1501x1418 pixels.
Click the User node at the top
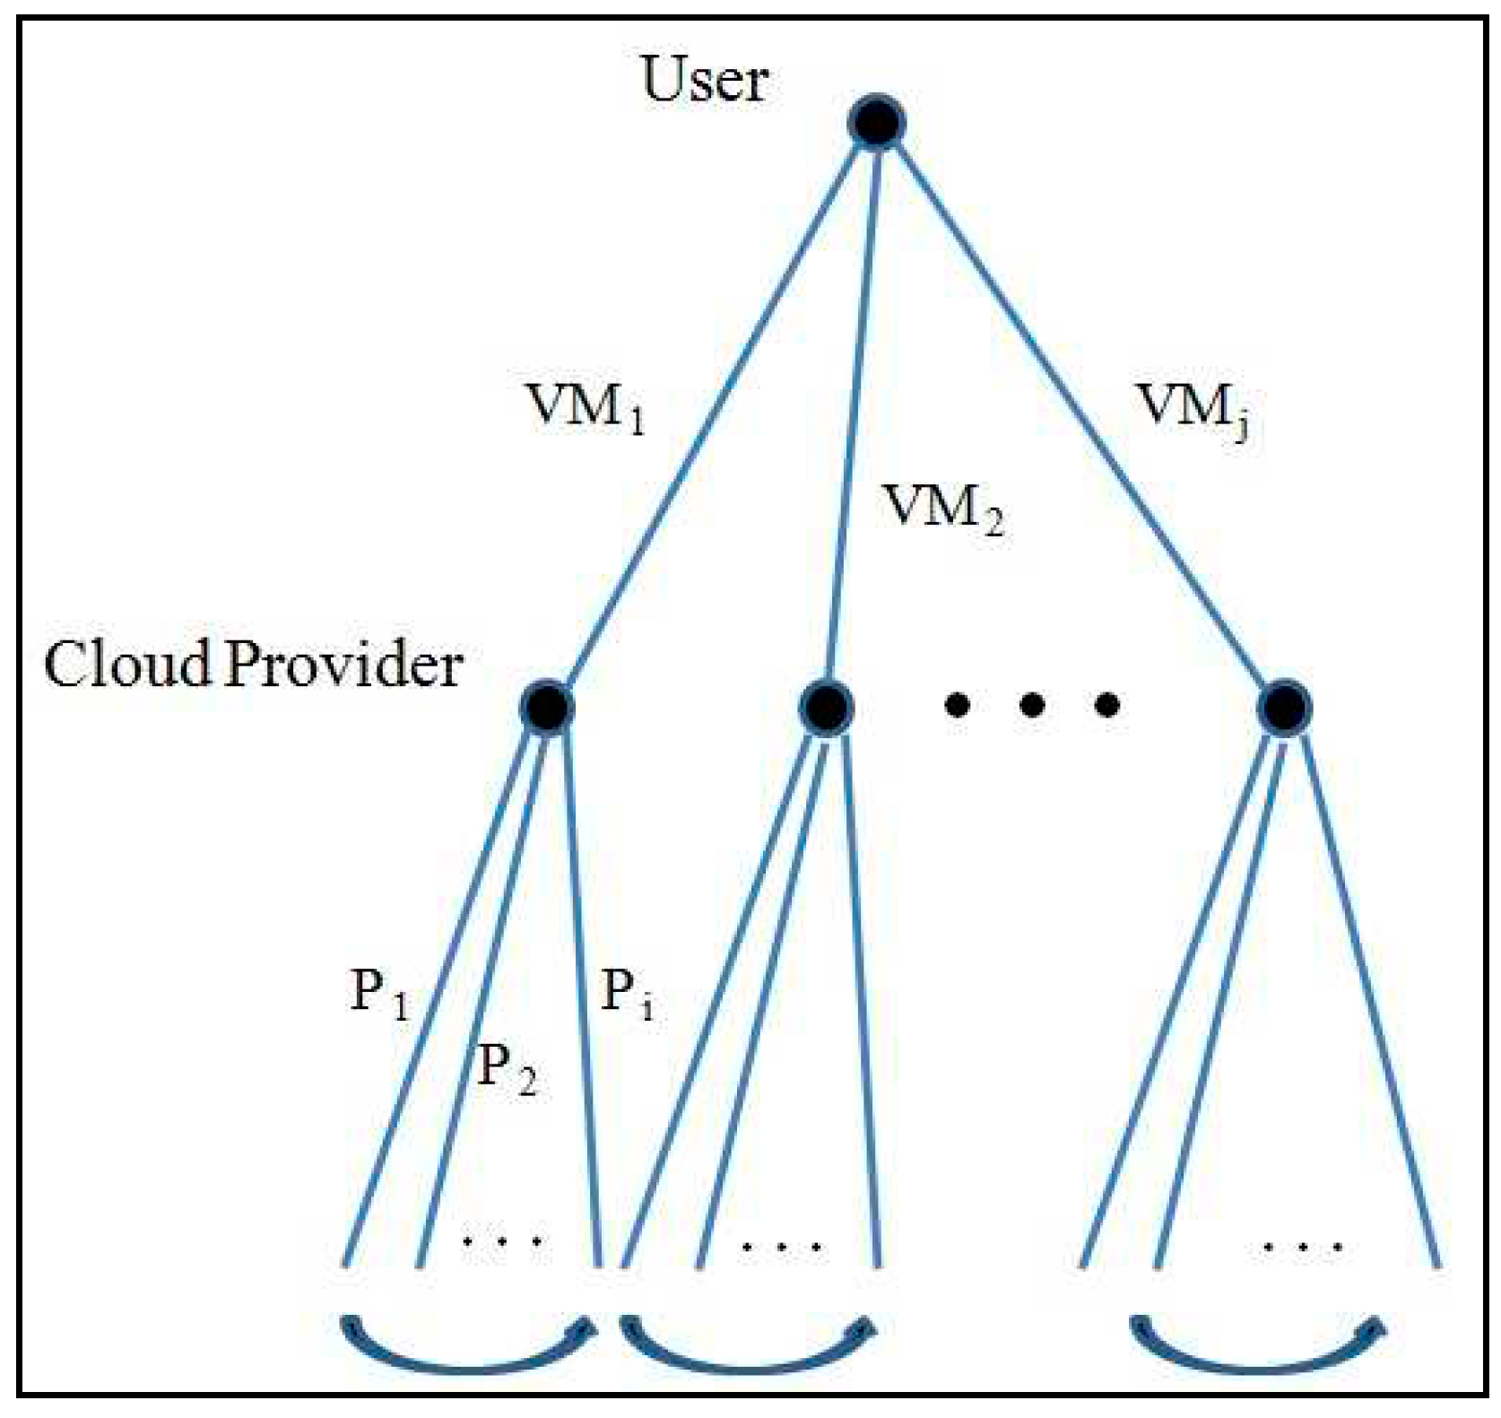(876, 122)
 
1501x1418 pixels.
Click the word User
(705, 79)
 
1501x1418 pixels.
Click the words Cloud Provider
(254, 665)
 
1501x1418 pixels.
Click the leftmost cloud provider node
(547, 707)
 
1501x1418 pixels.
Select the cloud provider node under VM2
(825, 707)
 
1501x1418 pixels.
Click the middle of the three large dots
(1032, 706)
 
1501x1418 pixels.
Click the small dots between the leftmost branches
(501, 1242)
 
